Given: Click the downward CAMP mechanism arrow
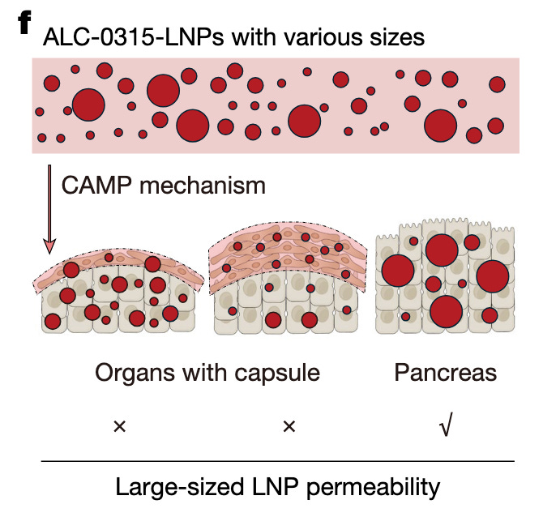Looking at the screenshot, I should pyautogui.click(x=50, y=211).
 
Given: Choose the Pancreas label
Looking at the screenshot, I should pyautogui.click(x=445, y=373).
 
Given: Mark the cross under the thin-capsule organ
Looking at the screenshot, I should pyautogui.click(x=120, y=425).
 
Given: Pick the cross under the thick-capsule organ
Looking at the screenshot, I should pyautogui.click(x=289, y=425).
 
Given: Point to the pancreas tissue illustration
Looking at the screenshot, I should pyautogui.click(x=447, y=280).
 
